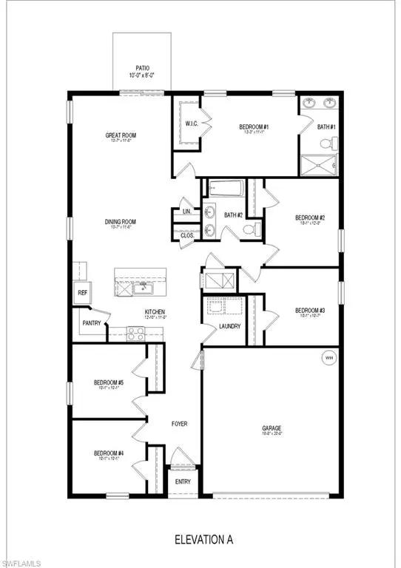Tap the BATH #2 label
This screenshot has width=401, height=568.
pos(234,215)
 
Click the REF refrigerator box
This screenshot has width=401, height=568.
pos(83,292)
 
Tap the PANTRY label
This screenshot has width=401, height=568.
pos(90,323)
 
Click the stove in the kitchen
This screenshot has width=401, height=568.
pos(136,334)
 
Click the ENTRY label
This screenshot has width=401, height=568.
pos(183,482)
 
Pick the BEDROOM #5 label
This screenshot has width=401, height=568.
pos(108,383)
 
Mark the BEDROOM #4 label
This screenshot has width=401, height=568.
pos(108,453)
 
